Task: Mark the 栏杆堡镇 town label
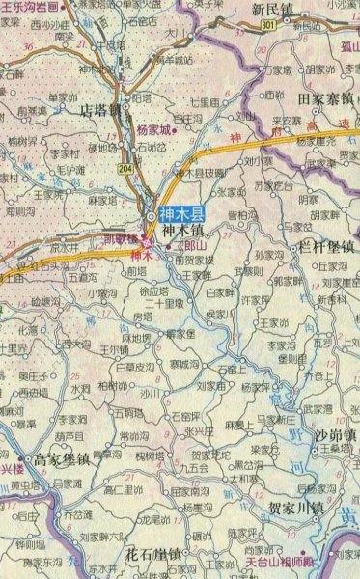tap(326, 247)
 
